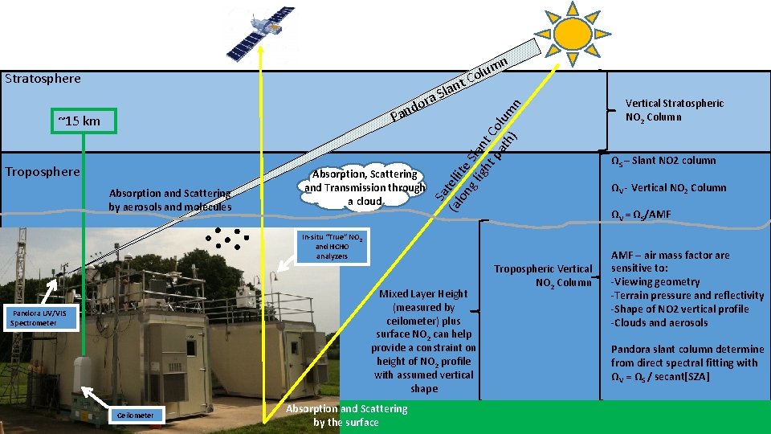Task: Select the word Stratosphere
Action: [x=43, y=79]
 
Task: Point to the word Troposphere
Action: [x=43, y=172]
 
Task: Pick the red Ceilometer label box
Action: [x=135, y=415]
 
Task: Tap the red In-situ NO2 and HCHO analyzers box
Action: [x=332, y=247]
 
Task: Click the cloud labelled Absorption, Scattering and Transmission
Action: [x=365, y=187]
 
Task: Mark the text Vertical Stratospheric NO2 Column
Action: [x=674, y=110]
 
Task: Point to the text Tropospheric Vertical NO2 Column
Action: [x=543, y=275]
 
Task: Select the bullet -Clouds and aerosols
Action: [x=659, y=323]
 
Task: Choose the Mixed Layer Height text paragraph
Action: [x=423, y=342]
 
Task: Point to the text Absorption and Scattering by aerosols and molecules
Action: [x=170, y=200]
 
